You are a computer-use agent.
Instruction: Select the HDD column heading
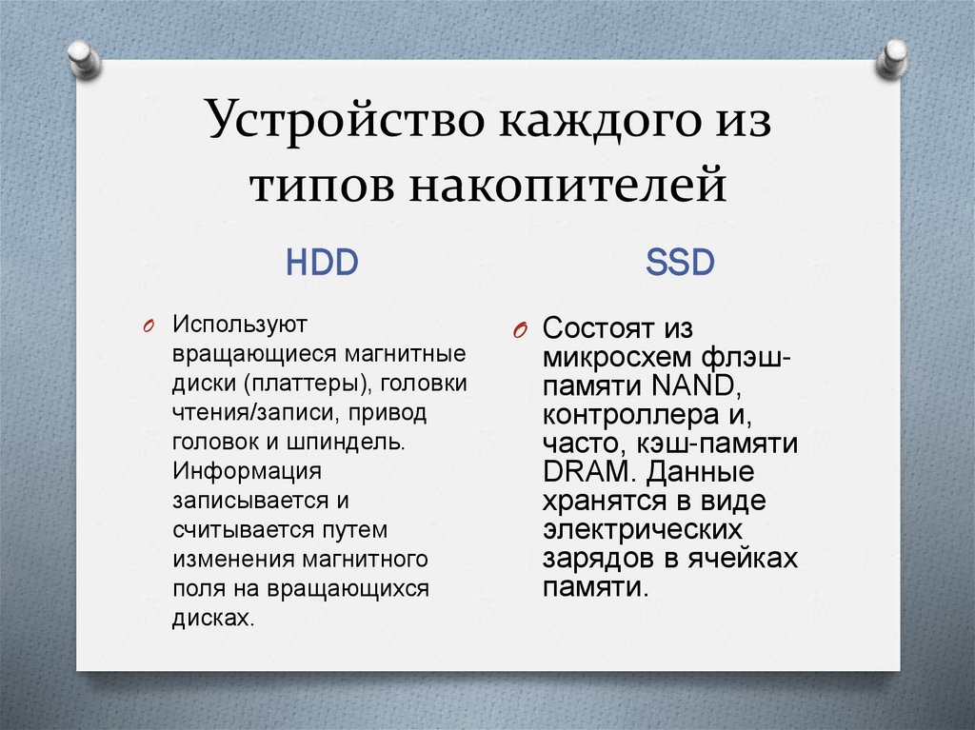[x=322, y=263]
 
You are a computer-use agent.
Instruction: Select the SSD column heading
[x=680, y=263]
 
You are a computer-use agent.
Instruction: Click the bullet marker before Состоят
[x=518, y=331]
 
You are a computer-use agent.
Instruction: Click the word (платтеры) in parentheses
[x=305, y=384]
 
